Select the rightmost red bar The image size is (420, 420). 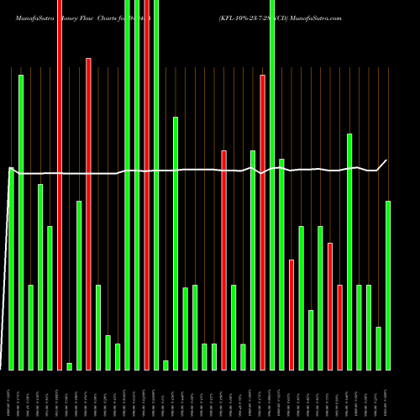pos(339,327)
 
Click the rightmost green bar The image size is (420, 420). pos(388,285)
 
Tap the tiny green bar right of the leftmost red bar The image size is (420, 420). pos(69,365)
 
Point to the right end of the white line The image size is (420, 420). pos(386,160)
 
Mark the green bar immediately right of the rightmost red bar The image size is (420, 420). pos(349,251)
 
